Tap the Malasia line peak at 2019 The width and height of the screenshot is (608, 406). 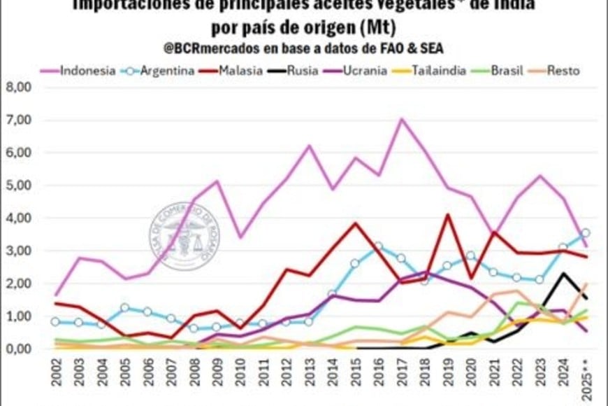447,215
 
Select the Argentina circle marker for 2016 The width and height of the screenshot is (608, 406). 378,246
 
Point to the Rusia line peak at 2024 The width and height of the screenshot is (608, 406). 562,274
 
